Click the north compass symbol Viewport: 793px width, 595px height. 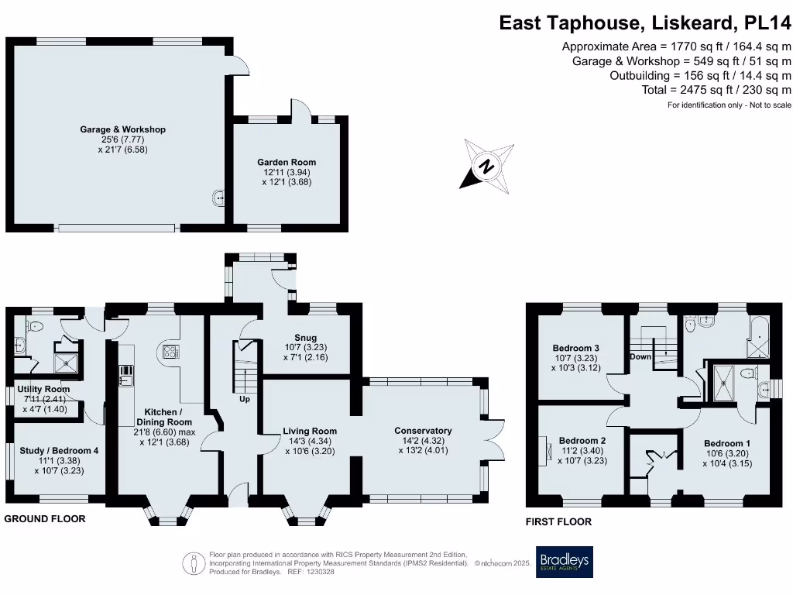click(486, 166)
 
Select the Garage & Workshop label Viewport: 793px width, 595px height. click(123, 129)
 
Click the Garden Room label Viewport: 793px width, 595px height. click(287, 162)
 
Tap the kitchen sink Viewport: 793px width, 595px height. click(126, 376)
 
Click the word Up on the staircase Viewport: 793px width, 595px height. click(245, 400)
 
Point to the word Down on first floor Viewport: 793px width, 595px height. click(640, 357)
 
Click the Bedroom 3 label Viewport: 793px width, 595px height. click(575, 348)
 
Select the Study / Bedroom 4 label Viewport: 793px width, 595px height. click(57, 450)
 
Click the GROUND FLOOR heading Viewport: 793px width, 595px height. click(45, 518)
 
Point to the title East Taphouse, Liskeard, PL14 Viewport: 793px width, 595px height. click(645, 22)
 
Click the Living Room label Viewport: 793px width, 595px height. click(309, 431)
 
